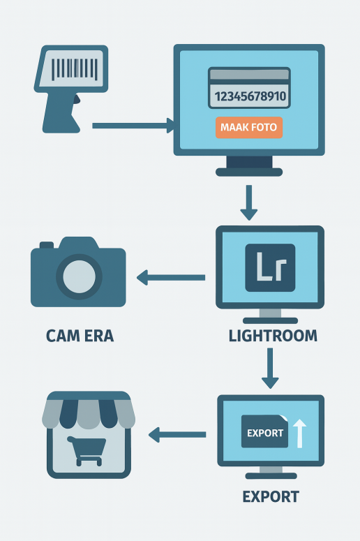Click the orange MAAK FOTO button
point(249,127)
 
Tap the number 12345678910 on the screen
point(250,96)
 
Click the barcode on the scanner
point(75,68)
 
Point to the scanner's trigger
point(77,99)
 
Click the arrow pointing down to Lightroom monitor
point(249,202)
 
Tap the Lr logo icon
point(270,268)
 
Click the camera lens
point(79,276)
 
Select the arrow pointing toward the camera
point(171,277)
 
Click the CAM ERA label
point(80,336)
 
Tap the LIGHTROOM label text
point(273,336)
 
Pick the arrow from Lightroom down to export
point(270,368)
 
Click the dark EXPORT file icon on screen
point(265,431)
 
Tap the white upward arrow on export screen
point(300,433)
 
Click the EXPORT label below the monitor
point(271,497)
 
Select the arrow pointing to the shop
point(177,435)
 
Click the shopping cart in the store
point(87,451)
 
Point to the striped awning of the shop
point(89,410)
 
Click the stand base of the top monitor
point(249,172)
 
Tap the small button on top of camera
point(47,245)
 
